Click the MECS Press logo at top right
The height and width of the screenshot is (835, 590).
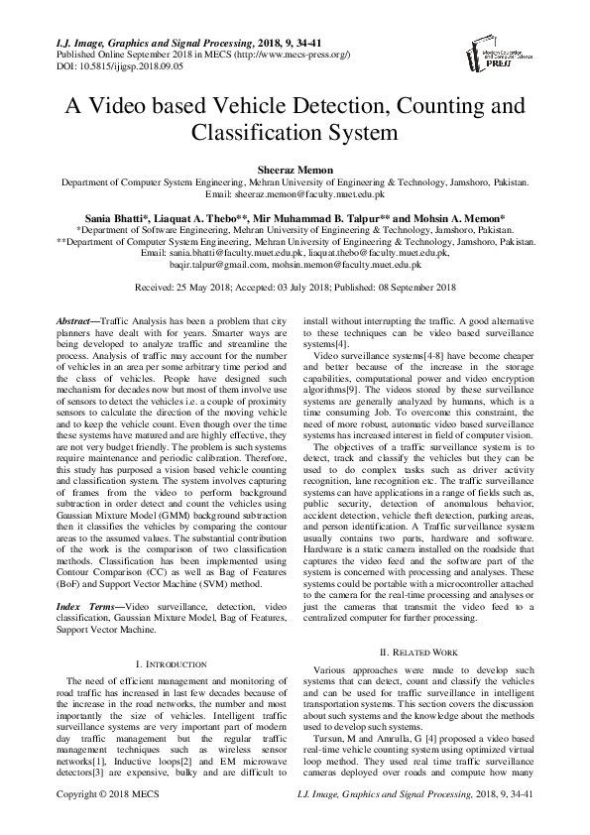(x=507, y=54)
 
